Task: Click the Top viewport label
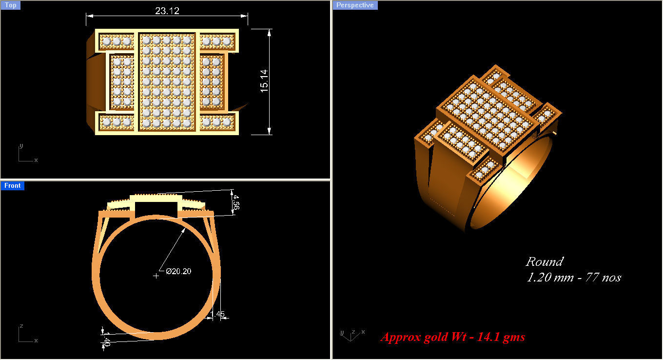10,5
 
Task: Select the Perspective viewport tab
355,5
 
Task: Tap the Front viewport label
12,186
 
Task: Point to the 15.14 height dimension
264,80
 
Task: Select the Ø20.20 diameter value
178,272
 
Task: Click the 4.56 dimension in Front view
235,202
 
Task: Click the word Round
545,262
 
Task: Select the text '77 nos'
603,278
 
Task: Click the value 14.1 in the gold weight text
489,337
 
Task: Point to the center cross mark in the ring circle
156,276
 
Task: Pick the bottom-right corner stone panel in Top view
218,122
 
